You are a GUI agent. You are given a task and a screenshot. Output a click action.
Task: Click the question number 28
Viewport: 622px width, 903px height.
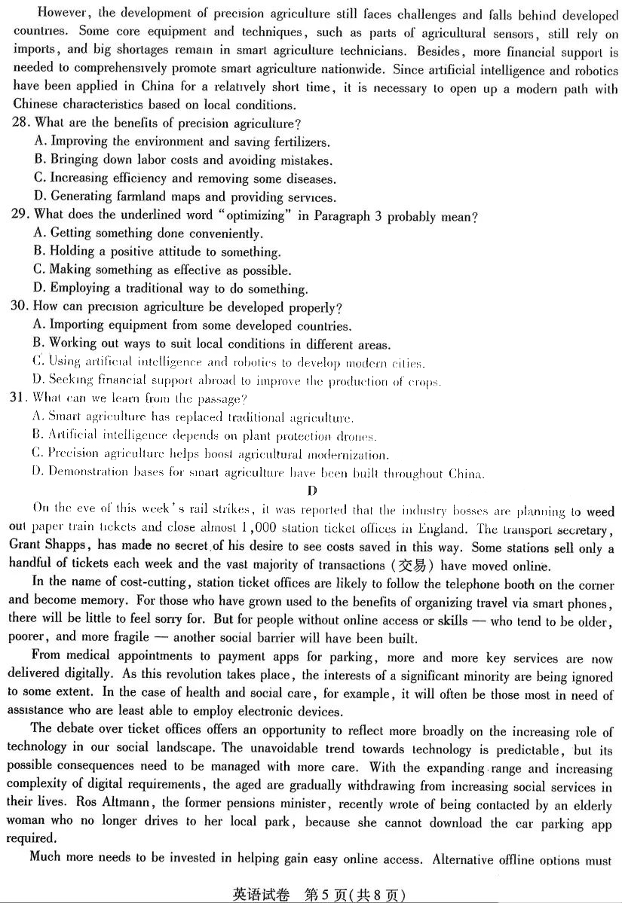21,123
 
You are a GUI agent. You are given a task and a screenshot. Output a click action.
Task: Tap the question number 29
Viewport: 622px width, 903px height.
21,215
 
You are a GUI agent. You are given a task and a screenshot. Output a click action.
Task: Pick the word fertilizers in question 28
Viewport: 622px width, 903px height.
299,142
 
